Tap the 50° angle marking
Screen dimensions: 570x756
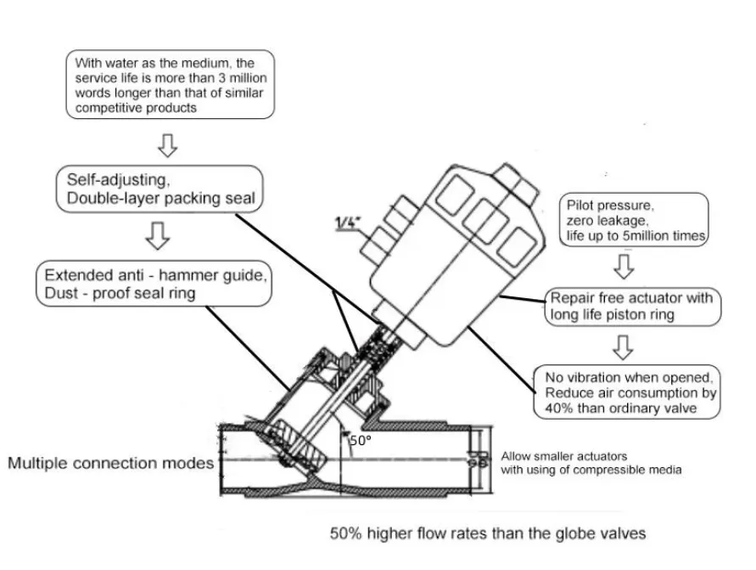pyautogui.click(x=361, y=441)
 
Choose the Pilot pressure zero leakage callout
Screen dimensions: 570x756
pyautogui.click(x=635, y=220)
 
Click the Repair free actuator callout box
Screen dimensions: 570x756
pyautogui.click(x=630, y=307)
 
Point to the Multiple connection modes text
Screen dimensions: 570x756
pyautogui.click(x=110, y=464)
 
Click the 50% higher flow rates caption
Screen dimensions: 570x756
pyautogui.click(x=488, y=534)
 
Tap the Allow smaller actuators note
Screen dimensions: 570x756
pyautogui.click(x=591, y=463)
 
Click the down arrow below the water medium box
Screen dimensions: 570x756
pyautogui.click(x=168, y=146)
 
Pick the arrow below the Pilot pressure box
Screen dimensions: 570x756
pyautogui.click(x=624, y=267)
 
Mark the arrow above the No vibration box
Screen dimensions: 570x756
pyautogui.click(x=624, y=347)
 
